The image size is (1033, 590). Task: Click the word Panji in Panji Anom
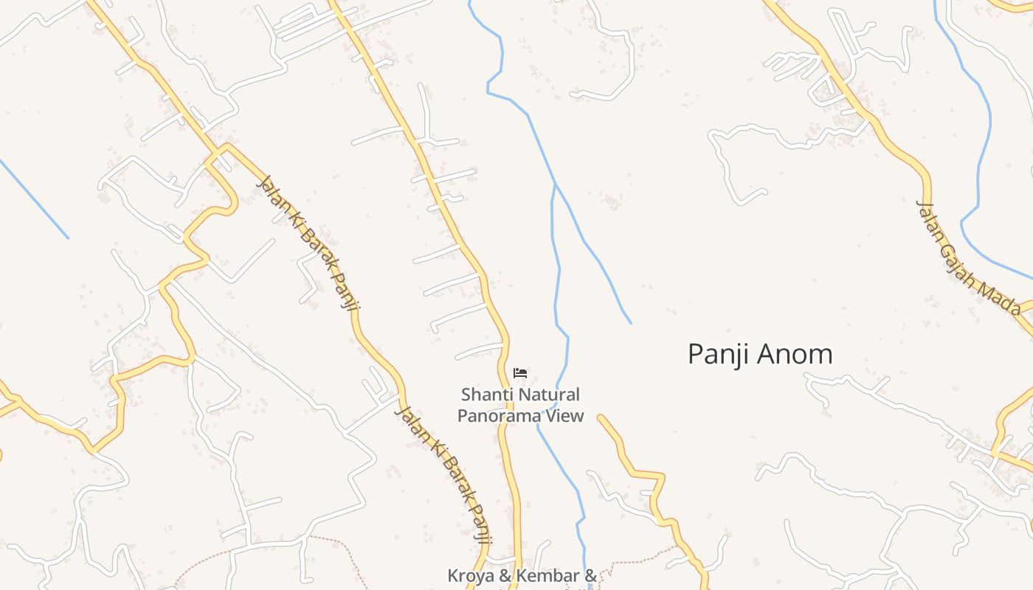point(719,355)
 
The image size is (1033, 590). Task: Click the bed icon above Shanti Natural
point(520,373)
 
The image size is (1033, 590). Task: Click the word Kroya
point(471,575)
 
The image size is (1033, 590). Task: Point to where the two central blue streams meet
point(555,184)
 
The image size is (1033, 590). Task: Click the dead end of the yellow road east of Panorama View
point(601,418)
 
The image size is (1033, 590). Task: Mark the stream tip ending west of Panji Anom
point(630,322)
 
